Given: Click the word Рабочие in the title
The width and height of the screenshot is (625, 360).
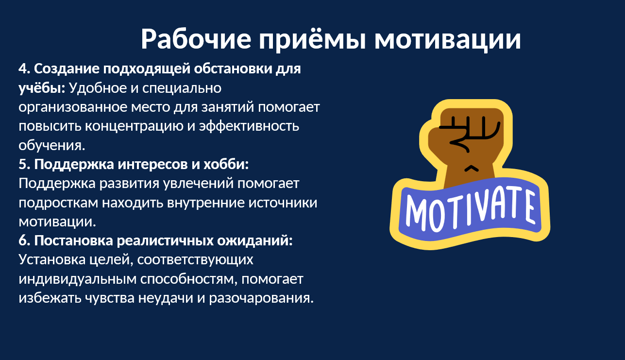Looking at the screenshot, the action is tap(196, 38).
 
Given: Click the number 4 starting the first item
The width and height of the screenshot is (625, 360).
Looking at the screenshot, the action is tap(24, 69).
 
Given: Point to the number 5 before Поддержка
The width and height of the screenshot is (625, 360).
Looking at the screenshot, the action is tap(24, 164).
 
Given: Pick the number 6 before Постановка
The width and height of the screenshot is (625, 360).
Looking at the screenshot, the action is tap(24, 240).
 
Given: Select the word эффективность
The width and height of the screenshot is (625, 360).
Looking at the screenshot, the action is tap(249, 126).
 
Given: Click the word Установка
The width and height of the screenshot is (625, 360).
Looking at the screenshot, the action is tap(52, 260).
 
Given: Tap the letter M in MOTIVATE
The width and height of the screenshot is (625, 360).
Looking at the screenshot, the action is tap(416, 213).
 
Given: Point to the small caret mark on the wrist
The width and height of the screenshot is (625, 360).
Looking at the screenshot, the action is tap(471, 168).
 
